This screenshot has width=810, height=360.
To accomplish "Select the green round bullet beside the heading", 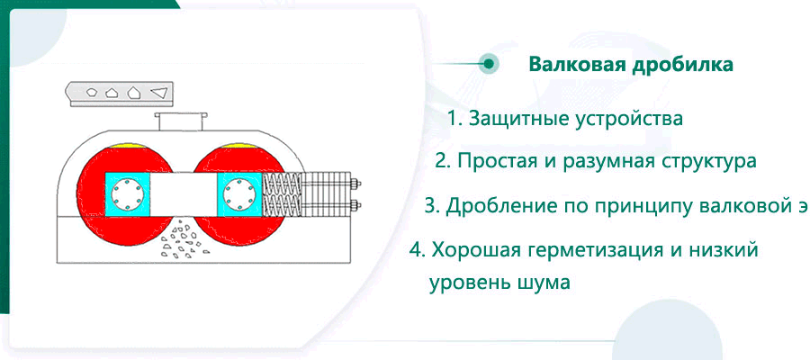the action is click(x=488, y=64).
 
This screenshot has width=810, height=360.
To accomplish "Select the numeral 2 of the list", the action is click(x=441, y=161).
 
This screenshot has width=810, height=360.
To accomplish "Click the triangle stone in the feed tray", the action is click(x=158, y=93).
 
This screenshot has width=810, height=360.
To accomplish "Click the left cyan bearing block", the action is click(x=127, y=194).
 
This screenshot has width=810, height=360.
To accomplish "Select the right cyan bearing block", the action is click(x=240, y=194).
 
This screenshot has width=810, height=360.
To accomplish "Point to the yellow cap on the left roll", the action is click(x=125, y=146).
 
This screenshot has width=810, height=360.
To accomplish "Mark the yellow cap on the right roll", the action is click(x=238, y=146).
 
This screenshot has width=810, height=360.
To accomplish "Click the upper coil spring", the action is click(x=282, y=184).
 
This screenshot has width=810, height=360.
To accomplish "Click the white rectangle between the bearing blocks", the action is click(x=184, y=194).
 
